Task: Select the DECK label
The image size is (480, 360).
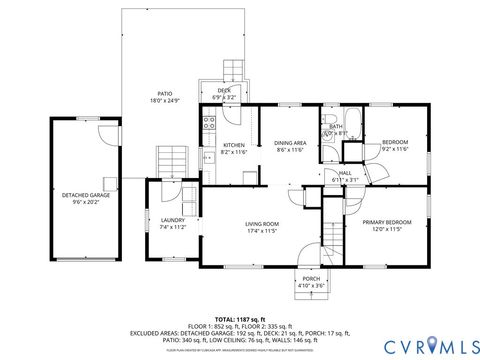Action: tap(225, 91)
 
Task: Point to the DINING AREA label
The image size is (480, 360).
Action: tap(290, 144)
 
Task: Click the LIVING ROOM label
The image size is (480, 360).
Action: tap(263, 224)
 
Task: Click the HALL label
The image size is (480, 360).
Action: tap(344, 173)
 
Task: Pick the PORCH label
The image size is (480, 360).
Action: tap(311, 279)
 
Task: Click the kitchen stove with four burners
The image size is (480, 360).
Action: tap(209, 125)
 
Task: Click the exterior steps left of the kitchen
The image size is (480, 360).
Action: tap(171, 158)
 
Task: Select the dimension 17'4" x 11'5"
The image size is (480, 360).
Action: tap(263, 231)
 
